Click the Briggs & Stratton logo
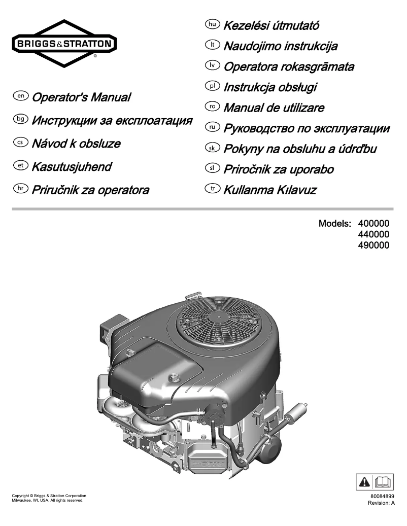63,44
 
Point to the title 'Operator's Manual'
81,97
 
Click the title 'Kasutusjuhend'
72,166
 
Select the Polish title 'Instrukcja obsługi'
270,87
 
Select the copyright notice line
49,496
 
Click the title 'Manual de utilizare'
274,108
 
